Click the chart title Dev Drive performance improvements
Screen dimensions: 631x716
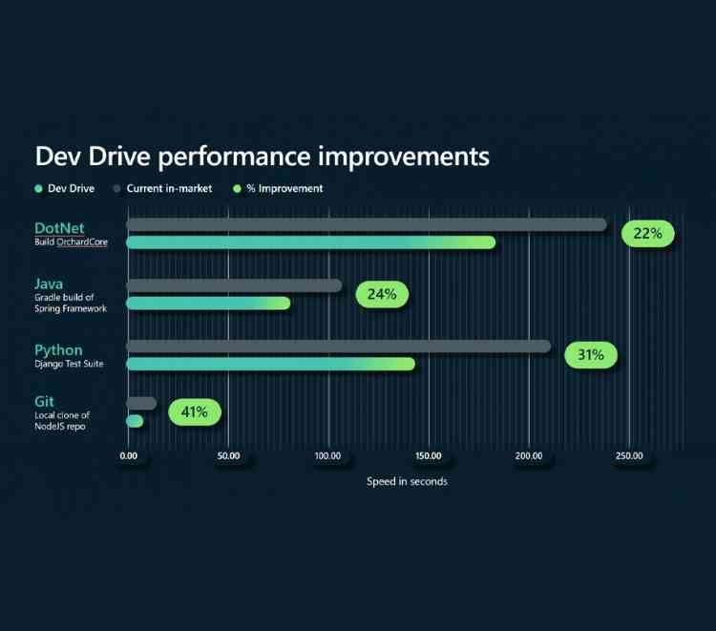tap(262, 156)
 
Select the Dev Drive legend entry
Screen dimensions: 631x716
tap(65, 189)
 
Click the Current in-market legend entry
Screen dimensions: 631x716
tap(161, 189)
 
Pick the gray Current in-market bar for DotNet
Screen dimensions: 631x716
tap(367, 224)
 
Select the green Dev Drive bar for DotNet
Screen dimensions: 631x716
tap(311, 242)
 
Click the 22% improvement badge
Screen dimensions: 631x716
tap(648, 234)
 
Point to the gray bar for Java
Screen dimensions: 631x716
tap(234, 285)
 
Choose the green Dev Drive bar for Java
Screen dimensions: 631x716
tap(208, 304)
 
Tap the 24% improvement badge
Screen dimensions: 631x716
tap(382, 295)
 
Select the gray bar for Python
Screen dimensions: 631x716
tap(339, 346)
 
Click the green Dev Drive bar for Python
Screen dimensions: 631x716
tap(271, 364)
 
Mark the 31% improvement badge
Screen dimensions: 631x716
tap(591, 355)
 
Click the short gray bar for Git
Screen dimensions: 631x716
tap(141, 403)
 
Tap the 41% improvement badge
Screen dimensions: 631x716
tap(195, 412)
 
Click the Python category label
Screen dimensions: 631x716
tap(58, 350)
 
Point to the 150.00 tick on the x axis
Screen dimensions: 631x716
tap(429, 456)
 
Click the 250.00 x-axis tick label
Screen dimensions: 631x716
tap(629, 456)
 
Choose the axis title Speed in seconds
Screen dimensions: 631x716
tap(407, 482)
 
